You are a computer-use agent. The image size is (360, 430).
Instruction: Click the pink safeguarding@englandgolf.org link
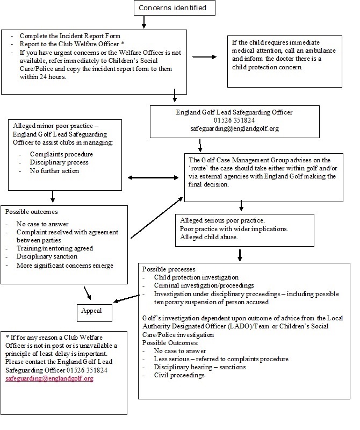click(x=49, y=378)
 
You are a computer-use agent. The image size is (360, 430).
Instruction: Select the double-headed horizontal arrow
click(x=153, y=178)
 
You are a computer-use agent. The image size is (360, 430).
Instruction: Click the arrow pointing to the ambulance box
click(x=205, y=57)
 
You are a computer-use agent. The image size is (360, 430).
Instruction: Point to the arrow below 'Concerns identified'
click(x=143, y=22)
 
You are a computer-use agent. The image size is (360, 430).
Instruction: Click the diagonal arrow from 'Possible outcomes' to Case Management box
click(x=156, y=218)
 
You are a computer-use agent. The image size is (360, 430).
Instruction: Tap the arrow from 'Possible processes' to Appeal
click(x=127, y=299)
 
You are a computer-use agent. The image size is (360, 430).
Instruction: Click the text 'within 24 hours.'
click(x=43, y=77)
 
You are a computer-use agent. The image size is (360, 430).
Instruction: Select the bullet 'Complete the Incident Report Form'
click(x=70, y=36)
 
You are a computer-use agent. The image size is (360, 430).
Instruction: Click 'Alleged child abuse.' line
click(x=208, y=237)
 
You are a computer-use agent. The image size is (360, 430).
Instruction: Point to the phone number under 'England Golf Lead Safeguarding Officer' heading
click(x=234, y=120)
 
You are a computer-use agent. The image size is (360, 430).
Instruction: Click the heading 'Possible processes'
click(x=169, y=269)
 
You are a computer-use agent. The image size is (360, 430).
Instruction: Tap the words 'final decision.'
click(x=208, y=184)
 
